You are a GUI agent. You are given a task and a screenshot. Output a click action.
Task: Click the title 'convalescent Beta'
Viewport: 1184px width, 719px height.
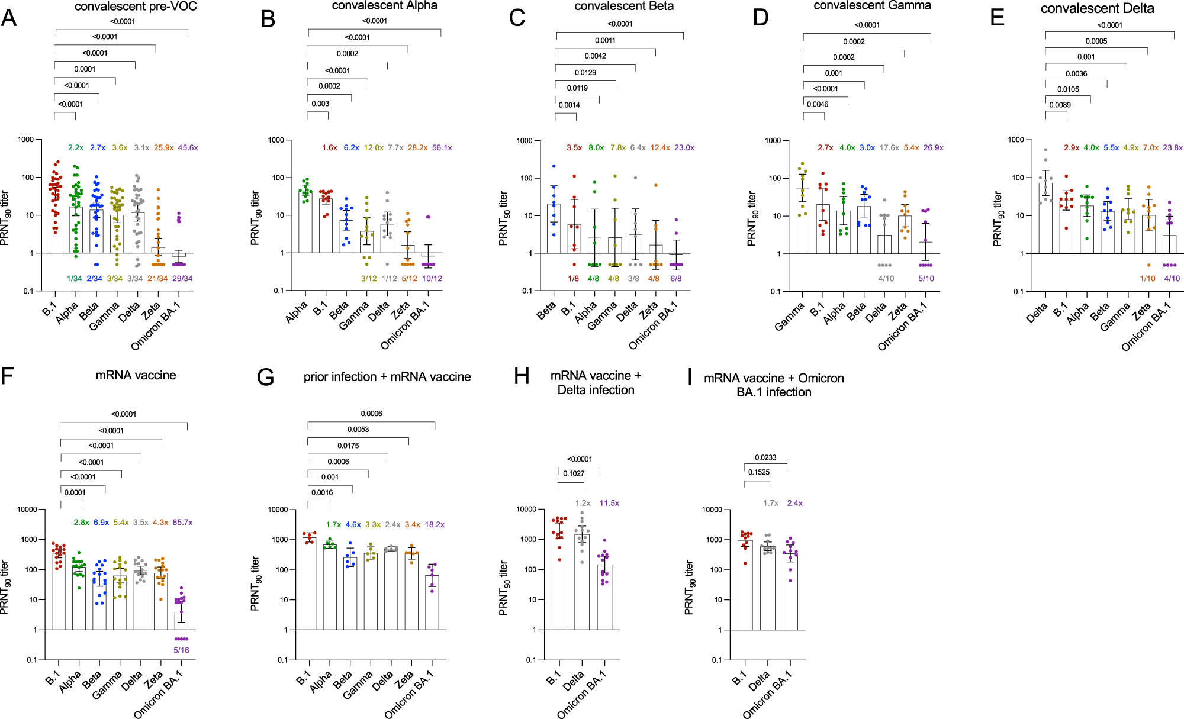click(624, 6)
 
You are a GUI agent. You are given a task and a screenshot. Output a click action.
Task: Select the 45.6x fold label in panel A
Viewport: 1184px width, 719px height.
click(188, 148)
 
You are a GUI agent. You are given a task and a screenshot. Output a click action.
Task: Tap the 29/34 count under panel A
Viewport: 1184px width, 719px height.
click(182, 279)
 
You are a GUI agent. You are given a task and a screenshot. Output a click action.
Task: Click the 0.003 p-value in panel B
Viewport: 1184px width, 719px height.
click(320, 104)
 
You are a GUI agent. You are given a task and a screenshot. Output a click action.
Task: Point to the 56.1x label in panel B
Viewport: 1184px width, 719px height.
click(442, 148)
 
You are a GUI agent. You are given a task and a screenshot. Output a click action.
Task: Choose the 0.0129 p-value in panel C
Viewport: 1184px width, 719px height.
click(585, 73)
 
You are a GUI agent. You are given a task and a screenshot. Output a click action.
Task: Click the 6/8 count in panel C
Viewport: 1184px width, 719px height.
click(675, 279)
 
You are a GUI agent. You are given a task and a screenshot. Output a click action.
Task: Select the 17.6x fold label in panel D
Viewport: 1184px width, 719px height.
click(889, 148)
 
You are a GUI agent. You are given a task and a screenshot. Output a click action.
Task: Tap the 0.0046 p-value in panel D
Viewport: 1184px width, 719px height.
click(818, 104)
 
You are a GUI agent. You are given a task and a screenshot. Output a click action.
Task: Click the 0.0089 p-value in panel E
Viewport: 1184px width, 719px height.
click(1060, 105)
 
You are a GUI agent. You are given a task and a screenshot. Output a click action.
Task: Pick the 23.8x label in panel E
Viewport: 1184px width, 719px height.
click(1173, 148)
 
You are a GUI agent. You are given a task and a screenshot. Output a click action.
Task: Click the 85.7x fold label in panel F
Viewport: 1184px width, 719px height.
click(182, 523)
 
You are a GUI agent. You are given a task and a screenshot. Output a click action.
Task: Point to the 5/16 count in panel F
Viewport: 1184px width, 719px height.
click(181, 650)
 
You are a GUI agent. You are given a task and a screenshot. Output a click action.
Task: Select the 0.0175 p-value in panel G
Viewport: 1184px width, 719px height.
click(348, 446)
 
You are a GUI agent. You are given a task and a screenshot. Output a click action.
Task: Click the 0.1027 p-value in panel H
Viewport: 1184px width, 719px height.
click(574, 473)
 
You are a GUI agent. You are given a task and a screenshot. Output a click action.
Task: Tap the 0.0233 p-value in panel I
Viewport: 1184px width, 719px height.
click(765, 457)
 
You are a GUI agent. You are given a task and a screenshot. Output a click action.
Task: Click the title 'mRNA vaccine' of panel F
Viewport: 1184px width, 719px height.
click(136, 375)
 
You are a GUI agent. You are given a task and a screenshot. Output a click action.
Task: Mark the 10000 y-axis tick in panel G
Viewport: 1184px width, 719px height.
click(278, 510)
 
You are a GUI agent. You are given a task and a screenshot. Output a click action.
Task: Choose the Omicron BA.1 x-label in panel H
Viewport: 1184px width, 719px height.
click(581, 695)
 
